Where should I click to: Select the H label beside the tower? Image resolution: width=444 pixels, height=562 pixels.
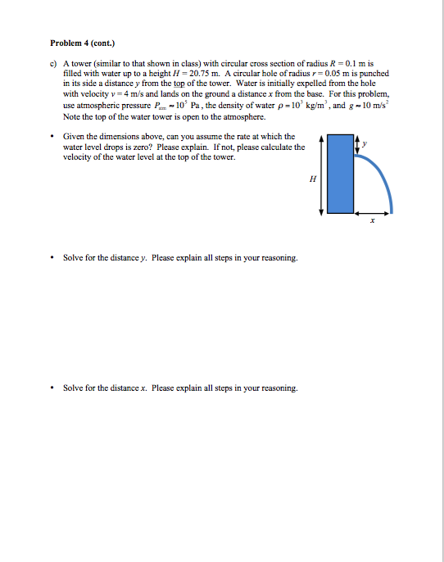point(311,176)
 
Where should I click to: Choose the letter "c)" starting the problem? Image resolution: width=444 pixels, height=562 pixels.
point(54,65)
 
